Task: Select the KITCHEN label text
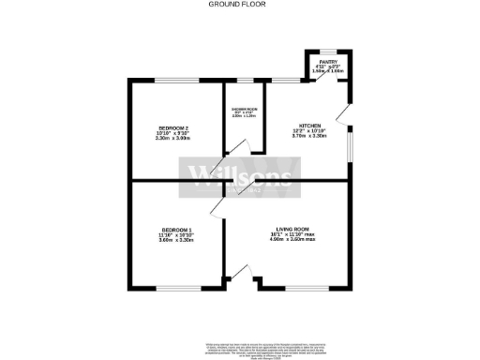point(309,125)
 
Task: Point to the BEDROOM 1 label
point(176,231)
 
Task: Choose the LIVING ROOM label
point(292,231)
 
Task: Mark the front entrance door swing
point(242,275)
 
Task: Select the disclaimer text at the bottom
point(240,349)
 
